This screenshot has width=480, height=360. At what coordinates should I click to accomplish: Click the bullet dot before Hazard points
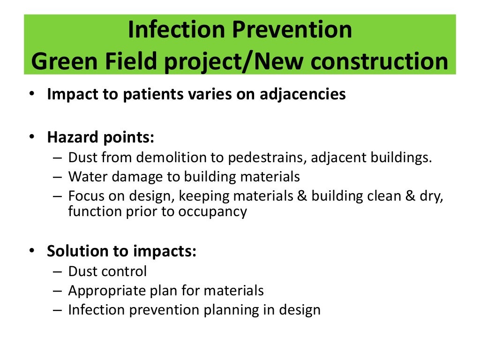[31, 138]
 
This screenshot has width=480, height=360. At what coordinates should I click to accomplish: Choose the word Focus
[85, 196]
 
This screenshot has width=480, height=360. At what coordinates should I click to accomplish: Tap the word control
[125, 271]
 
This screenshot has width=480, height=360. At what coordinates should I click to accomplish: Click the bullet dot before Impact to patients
[31, 94]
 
